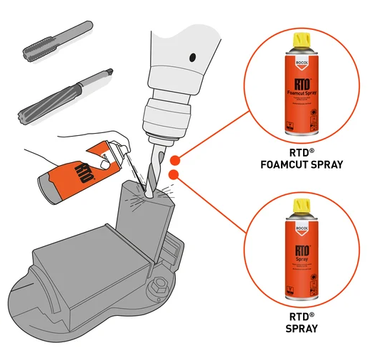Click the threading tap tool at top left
point(57,41)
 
